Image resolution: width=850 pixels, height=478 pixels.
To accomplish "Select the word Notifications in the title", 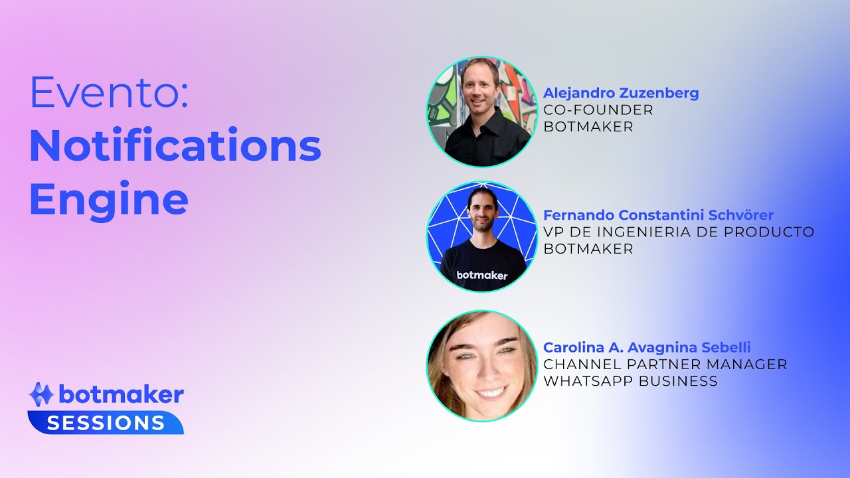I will pos(175,146).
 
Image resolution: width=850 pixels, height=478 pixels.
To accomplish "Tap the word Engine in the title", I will pos(109,199).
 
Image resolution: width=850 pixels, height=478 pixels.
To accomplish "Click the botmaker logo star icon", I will pos(41,394).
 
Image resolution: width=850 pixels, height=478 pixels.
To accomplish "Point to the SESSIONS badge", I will pos(106,423).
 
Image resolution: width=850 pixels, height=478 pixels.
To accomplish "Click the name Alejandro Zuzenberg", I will pos(621,93).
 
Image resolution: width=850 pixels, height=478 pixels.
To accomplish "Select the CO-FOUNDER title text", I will pos(598,110).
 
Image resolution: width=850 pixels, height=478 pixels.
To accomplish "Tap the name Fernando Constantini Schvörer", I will pos(658,215).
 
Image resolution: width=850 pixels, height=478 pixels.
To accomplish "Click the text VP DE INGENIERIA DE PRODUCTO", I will pos(679,232).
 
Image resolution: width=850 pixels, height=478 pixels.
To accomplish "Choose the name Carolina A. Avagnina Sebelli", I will pos(647,347).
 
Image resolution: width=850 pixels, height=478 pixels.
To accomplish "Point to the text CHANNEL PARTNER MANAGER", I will pos(665,364).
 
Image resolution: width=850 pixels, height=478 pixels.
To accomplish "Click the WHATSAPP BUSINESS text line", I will pos(630,381).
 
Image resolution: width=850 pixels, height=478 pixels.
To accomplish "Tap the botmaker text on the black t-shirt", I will pos(482,275).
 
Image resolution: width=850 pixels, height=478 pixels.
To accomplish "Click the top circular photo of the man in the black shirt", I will pos(481,112).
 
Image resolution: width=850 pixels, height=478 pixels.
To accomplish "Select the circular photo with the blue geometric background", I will pos(481,236).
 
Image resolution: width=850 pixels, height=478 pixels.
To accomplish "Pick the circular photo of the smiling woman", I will pos(481,366).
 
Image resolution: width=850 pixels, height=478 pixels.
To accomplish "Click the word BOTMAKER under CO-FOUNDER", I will pos(588,127).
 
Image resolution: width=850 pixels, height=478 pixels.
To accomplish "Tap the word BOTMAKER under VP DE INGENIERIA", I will pos(588,249).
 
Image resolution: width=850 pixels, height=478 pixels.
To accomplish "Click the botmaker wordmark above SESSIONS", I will pos(121,395).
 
